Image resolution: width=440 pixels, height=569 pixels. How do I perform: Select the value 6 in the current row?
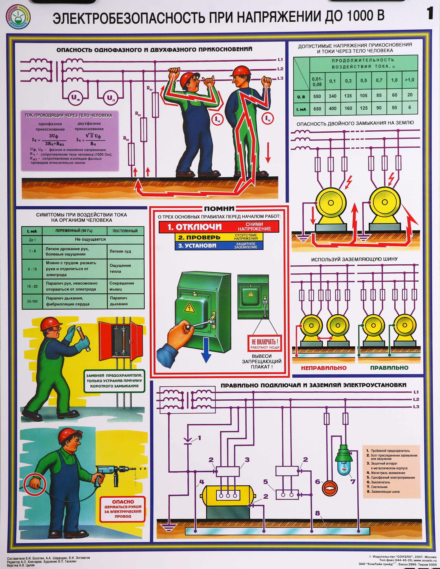[x=410, y=107]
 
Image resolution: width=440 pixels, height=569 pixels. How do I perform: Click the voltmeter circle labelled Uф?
[x=75, y=98]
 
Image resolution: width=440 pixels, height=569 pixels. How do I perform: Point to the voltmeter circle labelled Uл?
[x=111, y=98]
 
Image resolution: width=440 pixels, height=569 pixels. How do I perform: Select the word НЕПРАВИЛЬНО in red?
[x=324, y=368]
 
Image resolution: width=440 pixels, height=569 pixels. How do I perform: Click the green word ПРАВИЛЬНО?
[x=389, y=368]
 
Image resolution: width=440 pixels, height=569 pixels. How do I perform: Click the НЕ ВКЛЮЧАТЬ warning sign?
[x=265, y=343]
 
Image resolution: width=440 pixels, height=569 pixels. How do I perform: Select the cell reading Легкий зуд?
[x=120, y=251]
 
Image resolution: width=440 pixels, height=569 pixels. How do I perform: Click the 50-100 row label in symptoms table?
[x=32, y=301]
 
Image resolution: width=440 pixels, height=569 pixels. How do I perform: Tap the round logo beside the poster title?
[x=18, y=16]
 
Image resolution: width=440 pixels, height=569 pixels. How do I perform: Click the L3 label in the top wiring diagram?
[x=280, y=78]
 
